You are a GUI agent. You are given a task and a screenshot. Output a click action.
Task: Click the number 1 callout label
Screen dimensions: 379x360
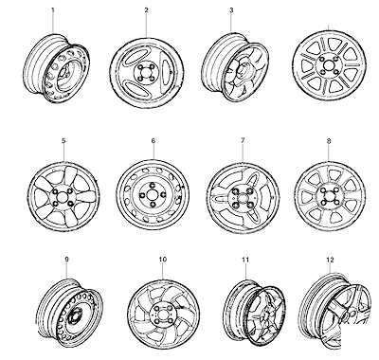(53, 10)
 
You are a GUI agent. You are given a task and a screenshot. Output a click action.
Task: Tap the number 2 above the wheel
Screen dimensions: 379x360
(146, 10)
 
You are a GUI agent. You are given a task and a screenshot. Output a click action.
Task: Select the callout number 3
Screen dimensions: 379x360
(231, 10)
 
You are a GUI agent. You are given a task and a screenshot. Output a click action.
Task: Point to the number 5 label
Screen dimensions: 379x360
(63, 141)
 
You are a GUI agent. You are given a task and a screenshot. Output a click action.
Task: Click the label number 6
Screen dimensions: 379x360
(153, 141)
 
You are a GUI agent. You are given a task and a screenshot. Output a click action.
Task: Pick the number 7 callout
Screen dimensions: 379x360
(243, 141)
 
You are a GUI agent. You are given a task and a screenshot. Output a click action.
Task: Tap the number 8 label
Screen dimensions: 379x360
(329, 141)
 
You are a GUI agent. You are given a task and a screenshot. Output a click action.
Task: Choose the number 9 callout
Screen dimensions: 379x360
(66, 260)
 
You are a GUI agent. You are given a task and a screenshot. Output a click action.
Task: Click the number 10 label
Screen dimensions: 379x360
(163, 260)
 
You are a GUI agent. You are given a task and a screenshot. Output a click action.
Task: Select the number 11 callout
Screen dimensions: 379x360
(245, 260)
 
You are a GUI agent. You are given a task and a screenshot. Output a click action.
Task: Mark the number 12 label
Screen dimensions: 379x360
(330, 260)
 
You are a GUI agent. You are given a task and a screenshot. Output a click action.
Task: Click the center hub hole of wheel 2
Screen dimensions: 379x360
(146, 73)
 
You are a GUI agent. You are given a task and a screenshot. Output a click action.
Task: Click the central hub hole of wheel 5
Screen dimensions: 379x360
(63, 197)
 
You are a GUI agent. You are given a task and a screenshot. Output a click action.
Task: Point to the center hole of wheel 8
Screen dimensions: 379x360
(328, 195)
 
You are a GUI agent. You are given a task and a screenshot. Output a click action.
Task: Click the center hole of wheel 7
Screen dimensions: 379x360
(243, 198)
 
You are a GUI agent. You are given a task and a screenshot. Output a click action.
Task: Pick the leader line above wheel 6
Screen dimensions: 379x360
(153, 152)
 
